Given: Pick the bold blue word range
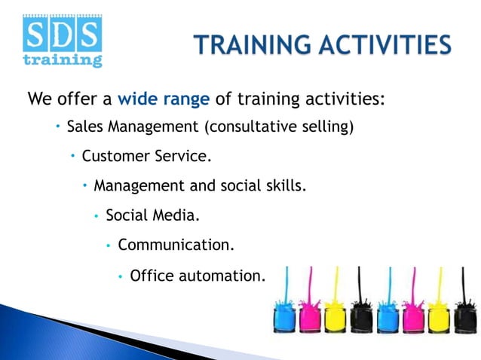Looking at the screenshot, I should point(185,99).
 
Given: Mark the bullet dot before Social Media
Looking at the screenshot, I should point(97,216).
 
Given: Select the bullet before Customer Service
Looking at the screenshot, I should point(72,157).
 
